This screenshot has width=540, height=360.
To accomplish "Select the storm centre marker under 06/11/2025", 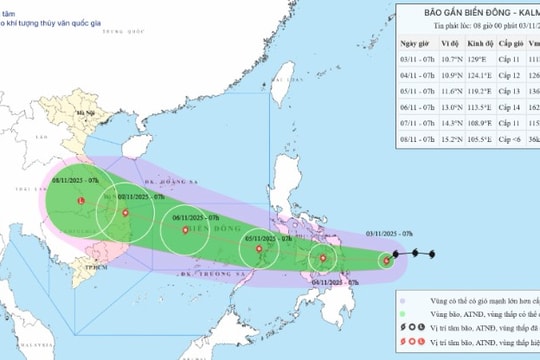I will pos(184,232).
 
